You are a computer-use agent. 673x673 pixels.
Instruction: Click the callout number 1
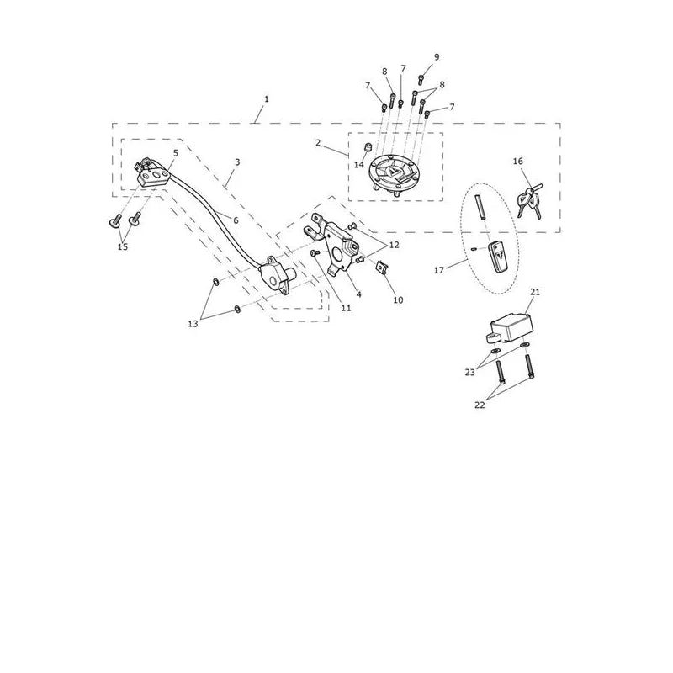(x=267, y=99)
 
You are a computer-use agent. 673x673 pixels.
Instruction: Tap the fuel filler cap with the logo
(x=393, y=174)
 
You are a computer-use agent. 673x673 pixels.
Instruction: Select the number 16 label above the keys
(x=518, y=161)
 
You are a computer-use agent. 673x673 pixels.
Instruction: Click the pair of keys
(x=530, y=202)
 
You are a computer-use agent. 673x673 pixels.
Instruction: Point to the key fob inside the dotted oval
(x=498, y=257)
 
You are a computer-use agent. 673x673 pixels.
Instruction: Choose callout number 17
(x=438, y=270)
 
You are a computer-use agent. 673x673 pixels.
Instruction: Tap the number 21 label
(x=535, y=292)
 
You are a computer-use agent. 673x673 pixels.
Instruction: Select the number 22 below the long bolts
(x=480, y=405)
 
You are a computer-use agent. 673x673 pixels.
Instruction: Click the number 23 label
(x=470, y=372)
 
